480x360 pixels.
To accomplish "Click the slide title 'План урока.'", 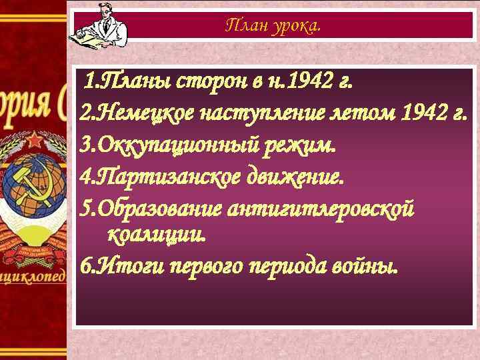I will [273, 26].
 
